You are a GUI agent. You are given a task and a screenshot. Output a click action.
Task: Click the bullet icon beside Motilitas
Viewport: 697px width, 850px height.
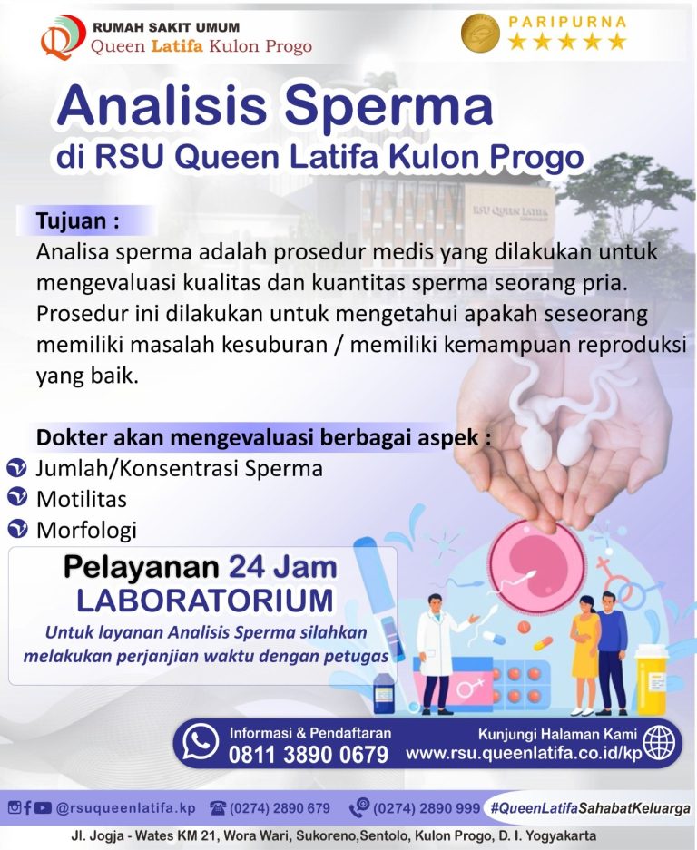tap(16, 497)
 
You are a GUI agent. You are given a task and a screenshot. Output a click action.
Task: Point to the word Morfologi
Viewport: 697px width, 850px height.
tap(86, 528)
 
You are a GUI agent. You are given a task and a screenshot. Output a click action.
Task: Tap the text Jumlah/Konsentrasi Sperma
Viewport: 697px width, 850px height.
tap(179, 468)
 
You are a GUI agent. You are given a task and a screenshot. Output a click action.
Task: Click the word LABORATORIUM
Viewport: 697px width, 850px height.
tap(204, 601)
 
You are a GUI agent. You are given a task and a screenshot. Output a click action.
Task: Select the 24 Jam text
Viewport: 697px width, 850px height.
tap(282, 568)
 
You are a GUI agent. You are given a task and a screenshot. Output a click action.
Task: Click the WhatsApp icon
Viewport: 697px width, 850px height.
tap(200, 742)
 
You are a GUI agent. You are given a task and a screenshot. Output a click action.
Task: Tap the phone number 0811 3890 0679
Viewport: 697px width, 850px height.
tap(309, 754)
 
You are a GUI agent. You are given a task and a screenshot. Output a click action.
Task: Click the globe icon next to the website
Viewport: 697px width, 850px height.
tap(659, 742)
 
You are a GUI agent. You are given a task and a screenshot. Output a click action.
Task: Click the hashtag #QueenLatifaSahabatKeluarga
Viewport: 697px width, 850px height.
tap(589, 807)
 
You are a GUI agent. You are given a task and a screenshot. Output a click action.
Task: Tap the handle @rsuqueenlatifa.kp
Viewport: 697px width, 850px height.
tap(125, 807)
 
